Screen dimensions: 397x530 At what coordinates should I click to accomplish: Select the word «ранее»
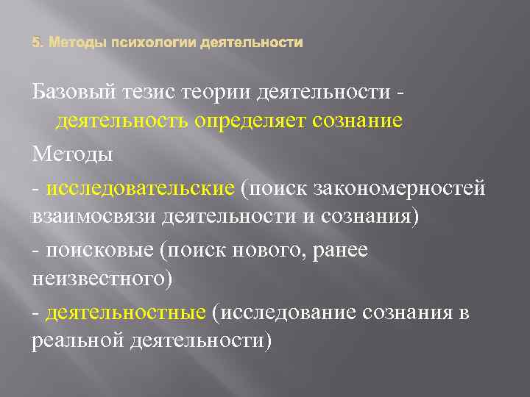[x=342, y=251]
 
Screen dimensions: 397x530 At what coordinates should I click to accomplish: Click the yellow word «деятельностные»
[x=125, y=312]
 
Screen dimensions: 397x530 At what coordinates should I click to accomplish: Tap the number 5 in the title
[x=36, y=43]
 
